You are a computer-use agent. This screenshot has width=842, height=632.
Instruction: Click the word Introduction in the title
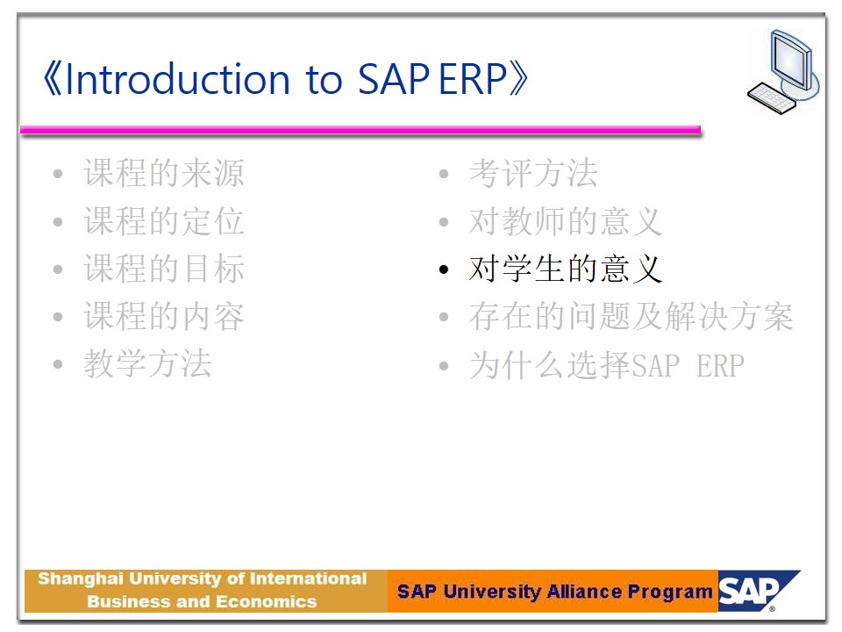(177, 79)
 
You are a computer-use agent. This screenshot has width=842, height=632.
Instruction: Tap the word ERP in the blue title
(473, 79)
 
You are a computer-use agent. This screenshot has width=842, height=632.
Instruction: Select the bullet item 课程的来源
(164, 173)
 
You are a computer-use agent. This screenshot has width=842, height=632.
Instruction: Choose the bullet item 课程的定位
(164, 221)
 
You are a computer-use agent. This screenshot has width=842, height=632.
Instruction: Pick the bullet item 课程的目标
(164, 269)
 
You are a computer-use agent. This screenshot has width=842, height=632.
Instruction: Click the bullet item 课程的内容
(164, 316)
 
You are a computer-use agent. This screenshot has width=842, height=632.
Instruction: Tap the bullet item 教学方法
(147, 363)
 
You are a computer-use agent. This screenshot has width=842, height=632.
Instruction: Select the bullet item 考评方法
(533, 173)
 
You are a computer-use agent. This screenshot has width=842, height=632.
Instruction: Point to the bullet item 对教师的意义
(566, 221)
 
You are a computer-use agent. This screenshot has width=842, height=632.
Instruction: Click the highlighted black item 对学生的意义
(566, 269)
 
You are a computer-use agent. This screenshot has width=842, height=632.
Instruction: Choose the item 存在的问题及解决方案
(631, 316)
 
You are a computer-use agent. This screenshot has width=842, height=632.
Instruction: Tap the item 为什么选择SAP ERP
(607, 365)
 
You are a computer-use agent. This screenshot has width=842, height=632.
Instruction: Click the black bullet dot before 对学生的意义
(444, 269)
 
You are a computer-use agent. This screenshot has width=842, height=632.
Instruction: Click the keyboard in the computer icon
(772, 97)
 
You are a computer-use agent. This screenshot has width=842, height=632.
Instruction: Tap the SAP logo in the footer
(758, 591)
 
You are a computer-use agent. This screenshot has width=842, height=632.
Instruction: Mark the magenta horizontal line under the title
(360, 130)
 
